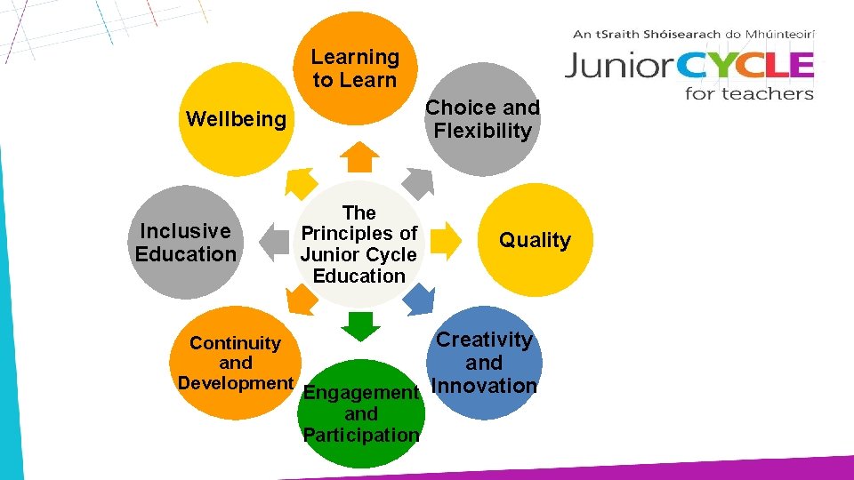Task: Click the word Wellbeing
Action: [236, 119]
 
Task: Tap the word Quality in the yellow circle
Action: [535, 240]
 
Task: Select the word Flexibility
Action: [482, 131]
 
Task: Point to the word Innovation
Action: [484, 386]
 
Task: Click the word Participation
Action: [361, 436]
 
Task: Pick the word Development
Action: [236, 383]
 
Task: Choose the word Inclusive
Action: [185, 231]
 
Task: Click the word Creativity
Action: [484, 340]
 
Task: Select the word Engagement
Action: [361, 392]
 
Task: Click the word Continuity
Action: [235, 343]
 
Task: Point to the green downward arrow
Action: [360, 326]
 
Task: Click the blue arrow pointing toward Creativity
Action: [418, 300]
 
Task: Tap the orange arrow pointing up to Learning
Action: [360, 156]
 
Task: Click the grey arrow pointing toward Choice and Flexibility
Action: [418, 181]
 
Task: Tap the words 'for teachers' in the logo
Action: [749, 92]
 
